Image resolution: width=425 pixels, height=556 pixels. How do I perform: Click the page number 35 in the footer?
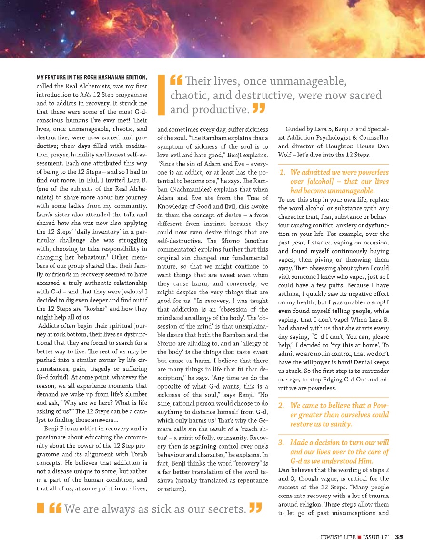click(399, 537)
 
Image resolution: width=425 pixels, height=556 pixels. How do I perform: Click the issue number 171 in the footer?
click(385, 537)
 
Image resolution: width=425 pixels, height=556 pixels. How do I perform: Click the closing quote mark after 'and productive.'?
click(258, 109)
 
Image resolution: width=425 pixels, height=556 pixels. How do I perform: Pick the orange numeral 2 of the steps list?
click(282, 405)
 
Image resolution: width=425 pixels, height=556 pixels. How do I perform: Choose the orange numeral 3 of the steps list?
click(282, 442)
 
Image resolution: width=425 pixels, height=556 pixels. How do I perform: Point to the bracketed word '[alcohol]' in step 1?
click(309, 181)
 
